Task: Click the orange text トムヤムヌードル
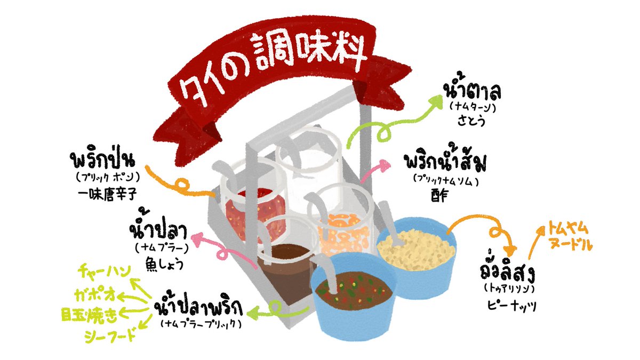point(569,237)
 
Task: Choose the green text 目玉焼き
point(87,315)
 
